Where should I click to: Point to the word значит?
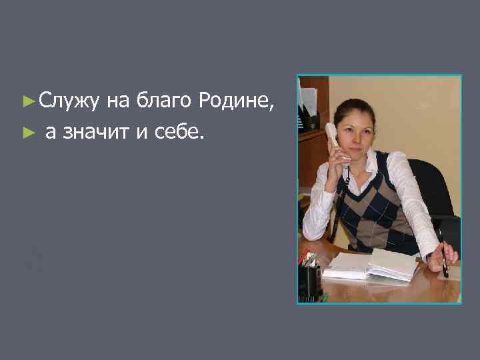[98, 133]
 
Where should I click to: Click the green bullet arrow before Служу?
[27, 102]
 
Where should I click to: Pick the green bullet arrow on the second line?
[27, 133]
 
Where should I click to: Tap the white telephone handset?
[337, 143]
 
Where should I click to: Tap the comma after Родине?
[271, 108]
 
